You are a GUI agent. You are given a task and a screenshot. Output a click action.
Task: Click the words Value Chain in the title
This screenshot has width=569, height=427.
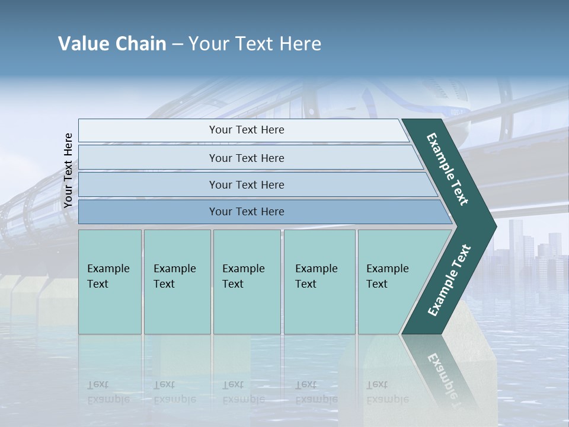(112, 44)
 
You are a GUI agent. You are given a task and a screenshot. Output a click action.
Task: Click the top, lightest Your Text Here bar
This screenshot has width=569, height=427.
(246, 130)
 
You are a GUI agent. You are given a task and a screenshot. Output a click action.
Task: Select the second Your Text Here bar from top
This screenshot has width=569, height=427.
(246, 158)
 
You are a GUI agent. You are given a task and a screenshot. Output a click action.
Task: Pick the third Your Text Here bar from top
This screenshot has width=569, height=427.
(246, 184)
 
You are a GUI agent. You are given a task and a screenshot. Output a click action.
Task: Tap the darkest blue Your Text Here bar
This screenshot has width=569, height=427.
(246, 212)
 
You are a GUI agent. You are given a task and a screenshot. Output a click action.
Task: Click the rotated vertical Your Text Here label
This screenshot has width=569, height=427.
(68, 170)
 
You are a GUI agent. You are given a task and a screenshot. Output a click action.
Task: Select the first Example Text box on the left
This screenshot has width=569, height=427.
(110, 282)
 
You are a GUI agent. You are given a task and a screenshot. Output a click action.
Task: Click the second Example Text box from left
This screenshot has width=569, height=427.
(177, 282)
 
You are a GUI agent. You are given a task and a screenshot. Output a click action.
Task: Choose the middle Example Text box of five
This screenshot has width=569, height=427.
(246, 282)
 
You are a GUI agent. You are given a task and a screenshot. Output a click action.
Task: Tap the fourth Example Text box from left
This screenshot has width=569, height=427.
(319, 282)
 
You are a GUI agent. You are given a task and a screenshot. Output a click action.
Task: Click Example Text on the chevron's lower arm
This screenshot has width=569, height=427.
(449, 280)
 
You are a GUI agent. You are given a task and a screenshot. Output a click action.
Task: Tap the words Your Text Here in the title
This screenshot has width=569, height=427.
(255, 44)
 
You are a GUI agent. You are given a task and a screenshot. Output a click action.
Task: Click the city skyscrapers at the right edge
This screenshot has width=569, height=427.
(533, 249)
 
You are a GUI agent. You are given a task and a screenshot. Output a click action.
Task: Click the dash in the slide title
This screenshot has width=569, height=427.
(177, 44)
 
